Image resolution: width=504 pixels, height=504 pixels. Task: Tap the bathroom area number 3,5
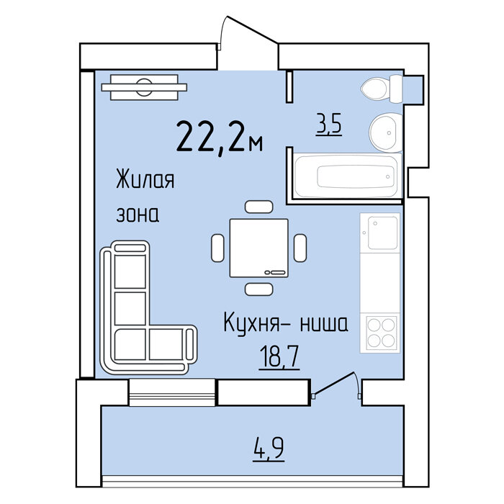[x=328, y=125]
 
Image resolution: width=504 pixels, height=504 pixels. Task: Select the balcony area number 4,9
[x=269, y=449]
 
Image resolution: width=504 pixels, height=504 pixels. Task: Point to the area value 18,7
[x=279, y=357]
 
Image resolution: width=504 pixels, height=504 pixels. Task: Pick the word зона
[x=138, y=215]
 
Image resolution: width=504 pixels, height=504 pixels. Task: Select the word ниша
[x=324, y=324]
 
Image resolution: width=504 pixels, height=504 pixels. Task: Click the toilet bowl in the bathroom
[x=382, y=89]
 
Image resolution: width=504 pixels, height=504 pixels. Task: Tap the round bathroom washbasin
[x=386, y=132]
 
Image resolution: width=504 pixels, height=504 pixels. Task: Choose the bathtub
[x=348, y=176]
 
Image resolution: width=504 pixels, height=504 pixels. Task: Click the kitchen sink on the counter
[x=380, y=233]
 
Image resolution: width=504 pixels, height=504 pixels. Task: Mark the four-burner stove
[x=381, y=333]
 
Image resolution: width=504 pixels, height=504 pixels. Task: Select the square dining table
[x=259, y=248]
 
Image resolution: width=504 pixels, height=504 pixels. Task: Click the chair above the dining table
[x=258, y=207]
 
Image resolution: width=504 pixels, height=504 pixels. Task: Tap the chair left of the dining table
[x=217, y=248]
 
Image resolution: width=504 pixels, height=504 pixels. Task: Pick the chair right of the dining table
[x=300, y=248]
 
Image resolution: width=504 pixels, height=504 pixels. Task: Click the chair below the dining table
[x=258, y=289]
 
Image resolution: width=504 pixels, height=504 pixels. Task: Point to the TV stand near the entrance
[x=144, y=87]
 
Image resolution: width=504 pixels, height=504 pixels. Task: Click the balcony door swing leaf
[x=333, y=383]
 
